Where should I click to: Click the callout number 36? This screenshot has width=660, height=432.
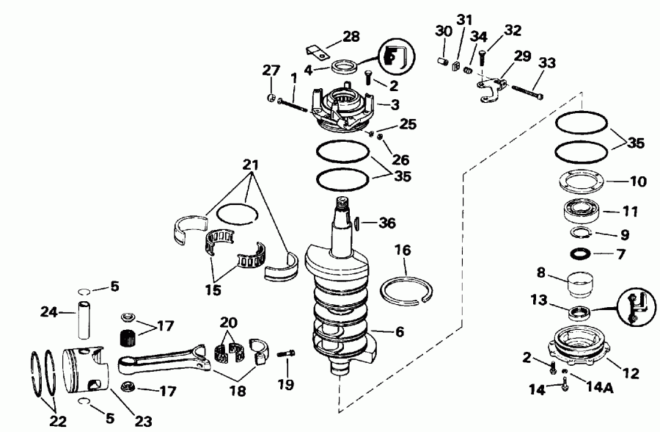click(x=386, y=223)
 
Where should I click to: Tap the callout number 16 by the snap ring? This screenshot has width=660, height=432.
click(x=403, y=251)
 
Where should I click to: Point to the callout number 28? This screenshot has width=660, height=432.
click(x=352, y=36)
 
